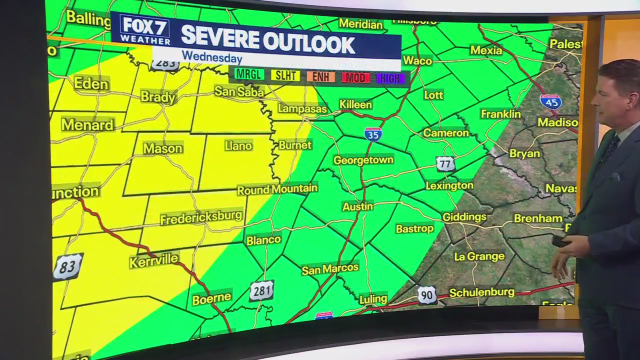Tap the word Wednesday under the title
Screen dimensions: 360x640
click(211, 57)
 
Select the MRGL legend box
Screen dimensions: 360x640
click(249, 75)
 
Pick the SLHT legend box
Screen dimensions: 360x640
click(285, 76)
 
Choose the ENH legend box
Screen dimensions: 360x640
click(320, 77)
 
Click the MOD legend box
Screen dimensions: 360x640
click(355, 77)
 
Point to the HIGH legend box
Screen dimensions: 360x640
click(390, 78)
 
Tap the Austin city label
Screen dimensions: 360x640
click(357, 206)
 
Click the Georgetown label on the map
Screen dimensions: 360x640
click(363, 160)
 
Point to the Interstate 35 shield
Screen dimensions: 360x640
click(373, 134)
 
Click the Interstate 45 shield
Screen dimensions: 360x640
click(550, 102)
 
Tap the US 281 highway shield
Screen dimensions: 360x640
click(261, 290)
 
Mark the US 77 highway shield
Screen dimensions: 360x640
click(445, 164)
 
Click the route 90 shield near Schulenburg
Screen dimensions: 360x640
click(426, 295)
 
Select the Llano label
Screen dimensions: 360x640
click(238, 146)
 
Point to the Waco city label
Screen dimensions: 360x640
click(417, 61)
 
